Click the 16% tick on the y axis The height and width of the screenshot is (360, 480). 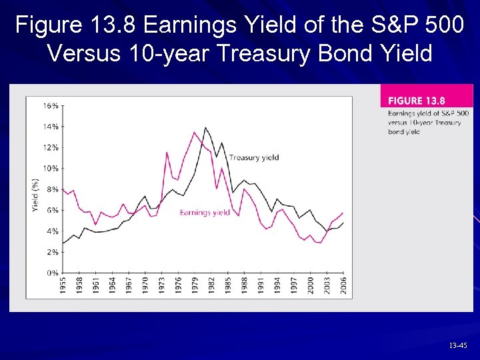[x=51, y=105]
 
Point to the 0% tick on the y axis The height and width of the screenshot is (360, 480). [x=52, y=273]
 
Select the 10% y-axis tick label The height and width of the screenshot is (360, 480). [x=51, y=168]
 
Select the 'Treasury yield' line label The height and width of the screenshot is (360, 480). [x=253, y=158]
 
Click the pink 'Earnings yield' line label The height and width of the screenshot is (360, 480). [x=205, y=213]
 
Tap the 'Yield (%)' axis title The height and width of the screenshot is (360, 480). [x=35, y=195]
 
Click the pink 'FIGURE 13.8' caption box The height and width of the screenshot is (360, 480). [x=426, y=101]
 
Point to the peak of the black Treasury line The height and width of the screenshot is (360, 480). [x=205, y=127]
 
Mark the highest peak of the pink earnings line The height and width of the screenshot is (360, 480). [x=194, y=132]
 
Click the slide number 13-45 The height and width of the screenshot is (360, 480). [x=457, y=346]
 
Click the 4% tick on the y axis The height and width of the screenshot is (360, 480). [x=52, y=231]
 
